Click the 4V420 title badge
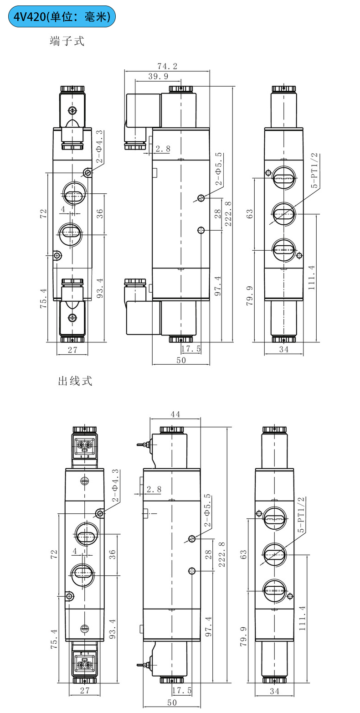(x=62, y=17)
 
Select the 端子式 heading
(x=67, y=41)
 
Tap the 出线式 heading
(x=75, y=381)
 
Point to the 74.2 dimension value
(x=167, y=67)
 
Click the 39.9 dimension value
(x=158, y=77)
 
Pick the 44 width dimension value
(x=175, y=414)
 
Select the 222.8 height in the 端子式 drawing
(x=228, y=214)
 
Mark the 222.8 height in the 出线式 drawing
(x=222, y=554)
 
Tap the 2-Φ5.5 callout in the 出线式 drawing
(x=208, y=511)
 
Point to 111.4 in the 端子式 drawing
(x=311, y=278)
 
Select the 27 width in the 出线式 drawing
(x=85, y=691)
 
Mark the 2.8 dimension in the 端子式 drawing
(x=163, y=149)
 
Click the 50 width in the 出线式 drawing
(x=172, y=703)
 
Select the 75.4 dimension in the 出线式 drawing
(x=54, y=639)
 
